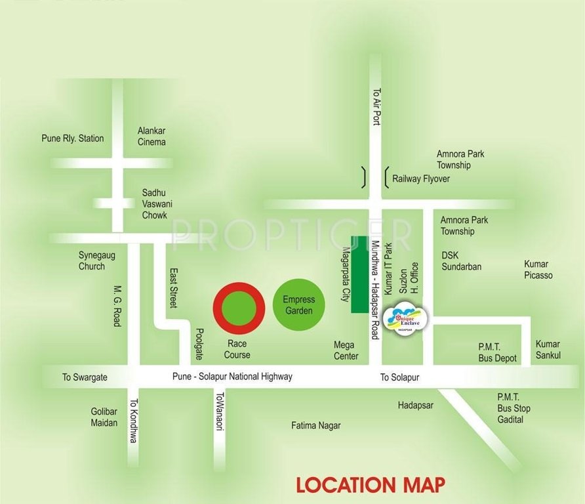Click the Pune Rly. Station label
tap(72, 138)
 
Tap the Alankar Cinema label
tap(151, 136)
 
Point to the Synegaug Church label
tap(96, 261)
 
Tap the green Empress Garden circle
tap(298, 304)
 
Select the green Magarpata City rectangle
tap(358, 274)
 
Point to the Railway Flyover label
tap(421, 178)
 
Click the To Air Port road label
tap(376, 107)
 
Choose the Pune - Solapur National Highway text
tap(232, 377)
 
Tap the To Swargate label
tap(85, 377)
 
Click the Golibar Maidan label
tap(104, 417)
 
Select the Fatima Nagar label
tap(316, 425)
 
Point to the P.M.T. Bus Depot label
tap(497, 353)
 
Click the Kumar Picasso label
tap(538, 270)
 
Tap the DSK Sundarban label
tap(461, 261)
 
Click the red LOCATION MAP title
tap(371, 485)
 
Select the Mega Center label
tap(346, 350)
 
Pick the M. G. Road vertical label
tap(117, 306)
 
